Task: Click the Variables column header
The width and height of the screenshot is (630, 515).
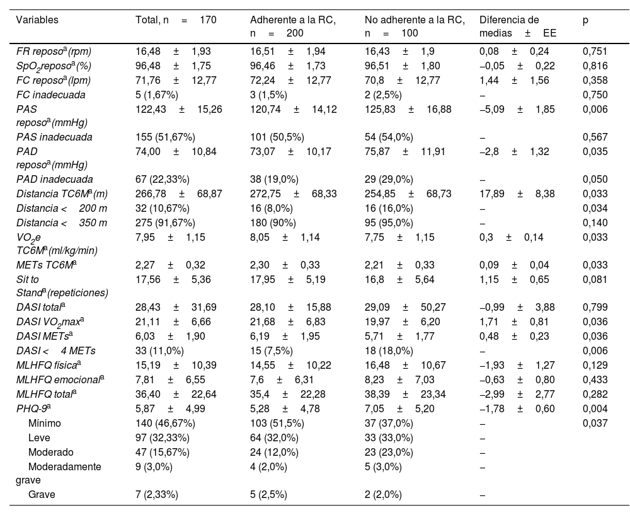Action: click(38, 20)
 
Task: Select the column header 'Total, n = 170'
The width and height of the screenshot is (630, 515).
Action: click(176, 20)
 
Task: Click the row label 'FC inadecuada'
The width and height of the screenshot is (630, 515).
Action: click(51, 95)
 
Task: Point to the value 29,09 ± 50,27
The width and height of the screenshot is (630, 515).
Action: click(408, 308)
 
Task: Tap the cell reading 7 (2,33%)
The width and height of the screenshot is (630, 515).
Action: click(157, 495)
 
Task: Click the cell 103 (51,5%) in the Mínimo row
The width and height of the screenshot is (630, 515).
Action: click(277, 423)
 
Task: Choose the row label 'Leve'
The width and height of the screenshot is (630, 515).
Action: click(39, 437)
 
